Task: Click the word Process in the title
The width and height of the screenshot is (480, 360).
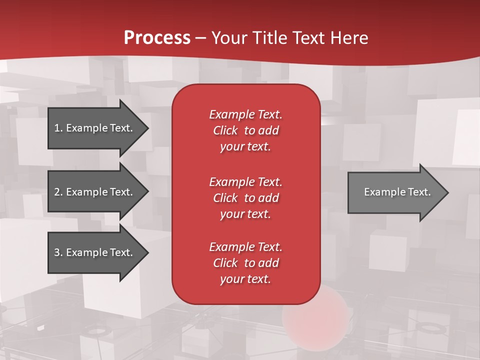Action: (157, 38)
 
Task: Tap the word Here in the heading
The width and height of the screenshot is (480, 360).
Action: (349, 38)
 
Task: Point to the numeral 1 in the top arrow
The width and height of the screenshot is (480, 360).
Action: (57, 128)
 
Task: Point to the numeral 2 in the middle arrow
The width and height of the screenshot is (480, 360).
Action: (57, 192)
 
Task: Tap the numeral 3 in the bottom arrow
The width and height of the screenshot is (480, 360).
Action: (57, 252)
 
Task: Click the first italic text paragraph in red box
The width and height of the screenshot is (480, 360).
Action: (245, 130)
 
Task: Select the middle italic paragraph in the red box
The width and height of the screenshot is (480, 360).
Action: (245, 198)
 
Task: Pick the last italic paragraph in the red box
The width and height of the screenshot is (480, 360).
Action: (245, 263)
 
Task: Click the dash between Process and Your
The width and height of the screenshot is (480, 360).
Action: (201, 38)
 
